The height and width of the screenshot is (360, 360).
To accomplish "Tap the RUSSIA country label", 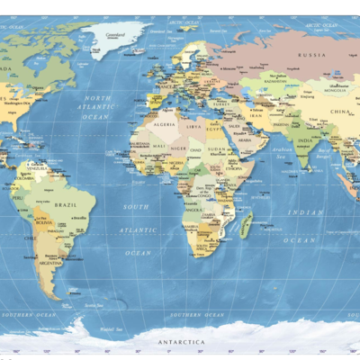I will [311, 55].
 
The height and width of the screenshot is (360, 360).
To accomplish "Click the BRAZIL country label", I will [63, 205].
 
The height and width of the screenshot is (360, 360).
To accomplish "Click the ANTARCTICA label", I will [182, 343].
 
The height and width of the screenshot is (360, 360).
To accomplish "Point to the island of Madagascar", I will [246, 223].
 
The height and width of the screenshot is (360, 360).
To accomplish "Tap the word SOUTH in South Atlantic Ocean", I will [136, 207].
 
